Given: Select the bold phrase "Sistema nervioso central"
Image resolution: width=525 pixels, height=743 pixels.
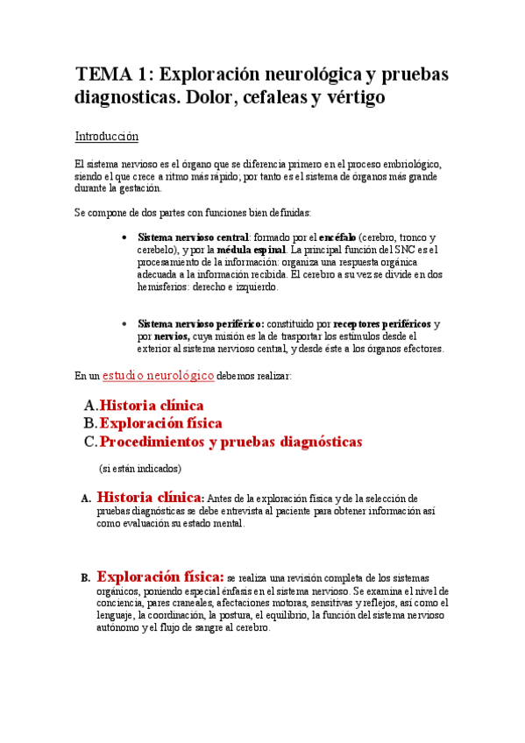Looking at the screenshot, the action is pyautogui.click(x=194, y=237).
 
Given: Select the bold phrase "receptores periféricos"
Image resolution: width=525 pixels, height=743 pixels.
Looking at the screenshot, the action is pyautogui.click(x=382, y=323).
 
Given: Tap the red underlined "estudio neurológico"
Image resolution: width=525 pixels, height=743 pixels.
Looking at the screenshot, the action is pyautogui.click(x=158, y=375).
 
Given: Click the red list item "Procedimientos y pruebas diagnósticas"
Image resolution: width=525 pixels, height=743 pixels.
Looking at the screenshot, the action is pyautogui.click(x=231, y=442).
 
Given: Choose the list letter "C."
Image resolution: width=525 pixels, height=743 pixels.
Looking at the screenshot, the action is pyautogui.click(x=89, y=442).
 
